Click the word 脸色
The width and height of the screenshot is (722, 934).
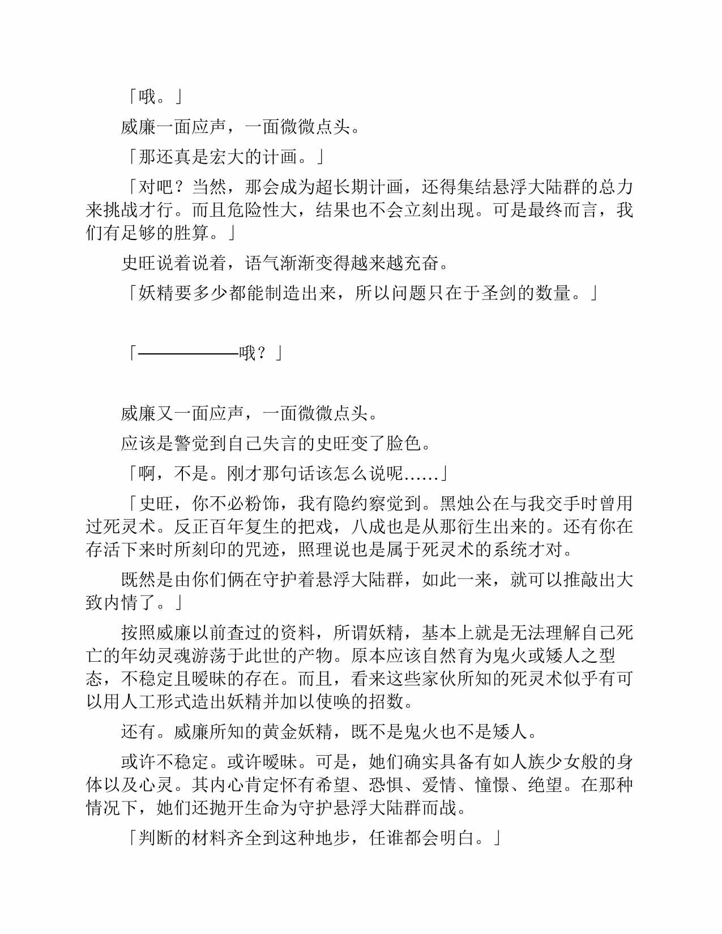click(x=404, y=443)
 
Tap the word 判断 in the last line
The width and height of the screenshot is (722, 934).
click(x=156, y=838)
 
